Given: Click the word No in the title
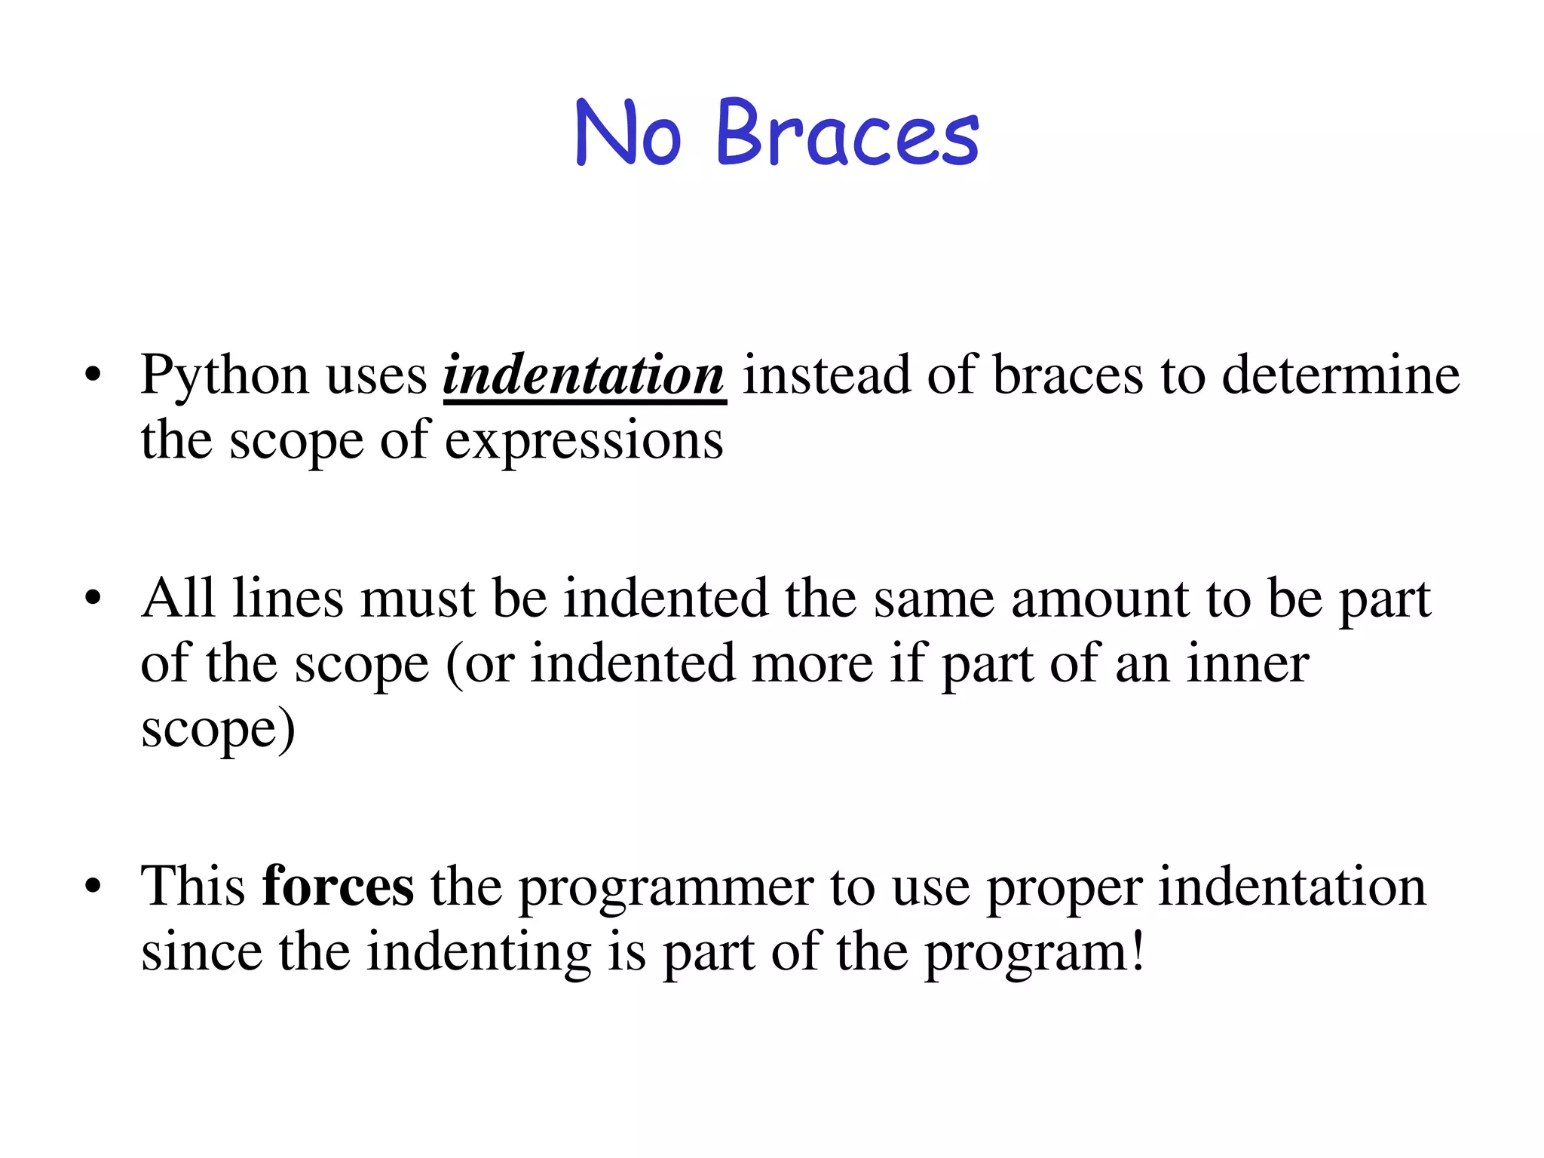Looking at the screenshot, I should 628,134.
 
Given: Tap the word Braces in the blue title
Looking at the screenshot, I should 847,134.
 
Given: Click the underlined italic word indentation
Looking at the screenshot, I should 584,375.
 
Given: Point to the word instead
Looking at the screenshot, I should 826,375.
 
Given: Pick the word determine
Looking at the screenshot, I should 1340,375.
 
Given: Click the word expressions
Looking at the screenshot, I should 584,441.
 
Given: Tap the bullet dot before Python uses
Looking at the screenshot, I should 93,375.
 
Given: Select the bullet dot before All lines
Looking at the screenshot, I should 93,599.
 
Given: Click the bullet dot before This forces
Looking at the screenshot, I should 93,886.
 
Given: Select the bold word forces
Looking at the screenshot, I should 338,886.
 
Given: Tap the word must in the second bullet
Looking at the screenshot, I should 418,599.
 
